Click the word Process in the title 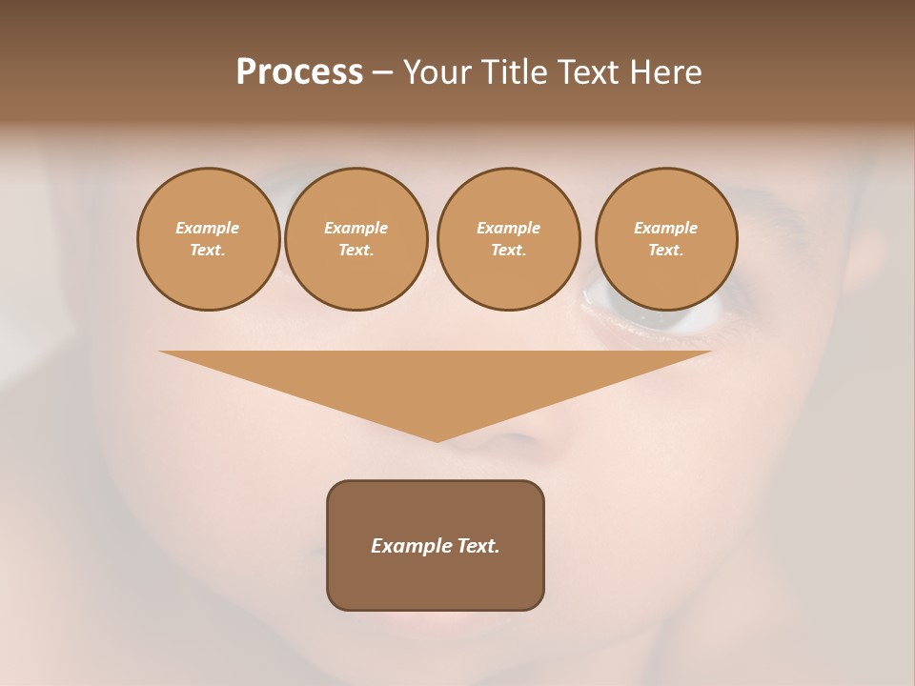point(299,72)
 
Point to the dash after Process point(382,74)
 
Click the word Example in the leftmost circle point(208,228)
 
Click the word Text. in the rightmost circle point(666,250)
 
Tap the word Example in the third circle point(509,228)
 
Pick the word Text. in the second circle point(356,250)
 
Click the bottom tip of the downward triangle point(437,439)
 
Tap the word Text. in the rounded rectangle point(478,546)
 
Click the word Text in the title point(587,72)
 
